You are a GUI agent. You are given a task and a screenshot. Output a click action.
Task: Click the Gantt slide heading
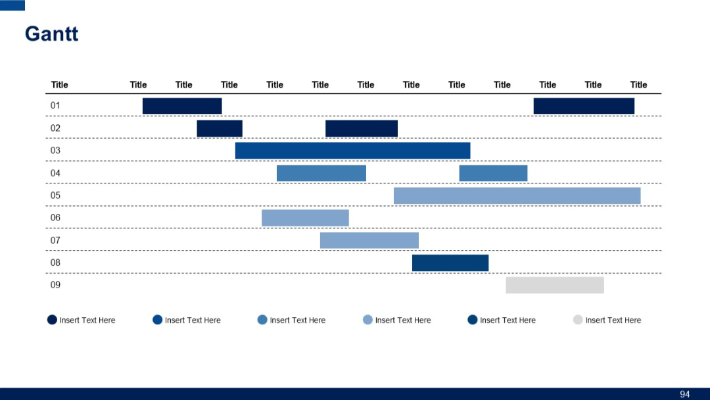click(51, 34)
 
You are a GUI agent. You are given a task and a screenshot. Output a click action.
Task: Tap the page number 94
click(684, 394)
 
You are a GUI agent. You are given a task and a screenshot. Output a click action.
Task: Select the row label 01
click(55, 105)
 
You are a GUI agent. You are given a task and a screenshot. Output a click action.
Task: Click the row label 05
click(55, 195)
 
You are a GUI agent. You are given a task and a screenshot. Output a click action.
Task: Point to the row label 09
click(55, 285)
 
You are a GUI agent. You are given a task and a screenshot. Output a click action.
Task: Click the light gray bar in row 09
click(554, 285)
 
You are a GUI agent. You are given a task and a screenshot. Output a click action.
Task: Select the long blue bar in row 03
click(352, 151)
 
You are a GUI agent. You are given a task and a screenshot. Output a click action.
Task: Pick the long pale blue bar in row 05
click(517, 195)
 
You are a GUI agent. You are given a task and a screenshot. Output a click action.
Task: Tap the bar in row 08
click(450, 262)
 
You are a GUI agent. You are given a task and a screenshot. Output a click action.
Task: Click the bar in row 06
click(305, 218)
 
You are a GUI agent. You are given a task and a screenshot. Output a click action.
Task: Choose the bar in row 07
click(369, 240)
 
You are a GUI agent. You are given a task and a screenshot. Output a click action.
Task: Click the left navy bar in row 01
click(182, 106)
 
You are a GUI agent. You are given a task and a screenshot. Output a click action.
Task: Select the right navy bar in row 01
click(584, 106)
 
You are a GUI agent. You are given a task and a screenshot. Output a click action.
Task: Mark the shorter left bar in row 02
click(220, 128)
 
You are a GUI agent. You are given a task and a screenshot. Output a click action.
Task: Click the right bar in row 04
click(493, 173)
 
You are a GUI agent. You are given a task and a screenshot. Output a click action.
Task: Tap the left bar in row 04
click(321, 173)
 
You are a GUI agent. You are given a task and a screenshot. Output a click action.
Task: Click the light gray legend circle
click(578, 320)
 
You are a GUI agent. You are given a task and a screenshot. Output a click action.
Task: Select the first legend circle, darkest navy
click(52, 320)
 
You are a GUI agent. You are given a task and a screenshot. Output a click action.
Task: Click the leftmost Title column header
click(59, 85)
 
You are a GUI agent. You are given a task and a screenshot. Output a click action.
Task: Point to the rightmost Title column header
click(638, 85)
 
